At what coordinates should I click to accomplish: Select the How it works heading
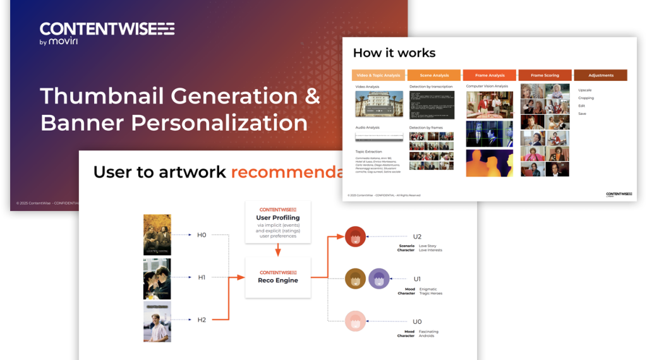tap(394, 52)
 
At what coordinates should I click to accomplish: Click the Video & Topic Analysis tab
tap(378, 75)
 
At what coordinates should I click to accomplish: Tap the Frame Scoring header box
tap(545, 75)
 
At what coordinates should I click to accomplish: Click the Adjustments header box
tap(600, 75)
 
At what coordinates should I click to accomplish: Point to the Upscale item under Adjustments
tap(585, 90)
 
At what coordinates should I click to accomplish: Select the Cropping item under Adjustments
tap(586, 98)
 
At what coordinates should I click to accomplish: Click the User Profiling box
tap(278, 222)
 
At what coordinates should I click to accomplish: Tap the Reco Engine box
tap(278, 277)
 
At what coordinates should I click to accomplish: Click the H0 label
tap(202, 235)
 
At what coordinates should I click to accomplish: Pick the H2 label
tap(202, 320)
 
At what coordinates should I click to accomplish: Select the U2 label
tap(417, 237)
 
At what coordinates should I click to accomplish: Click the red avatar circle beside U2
tap(356, 237)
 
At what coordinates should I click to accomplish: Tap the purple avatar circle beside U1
tap(379, 279)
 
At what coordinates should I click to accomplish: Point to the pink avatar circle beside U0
tap(356, 321)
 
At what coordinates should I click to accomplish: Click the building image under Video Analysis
tap(379, 104)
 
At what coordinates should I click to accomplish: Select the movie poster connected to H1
tap(157, 278)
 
